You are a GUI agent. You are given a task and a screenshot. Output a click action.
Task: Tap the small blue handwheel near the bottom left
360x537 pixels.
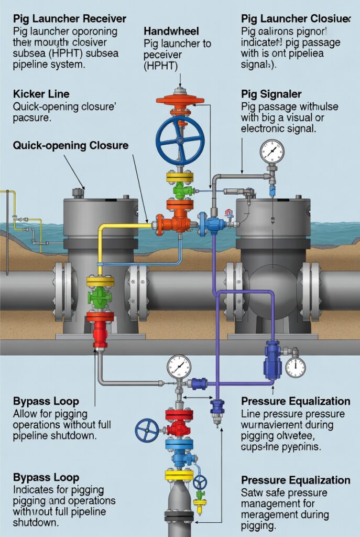pyautogui.click(x=147, y=431)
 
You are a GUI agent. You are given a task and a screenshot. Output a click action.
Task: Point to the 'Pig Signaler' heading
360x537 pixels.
pyautogui.click(x=271, y=94)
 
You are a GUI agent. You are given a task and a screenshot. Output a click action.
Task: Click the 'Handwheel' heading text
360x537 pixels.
pyautogui.click(x=170, y=31)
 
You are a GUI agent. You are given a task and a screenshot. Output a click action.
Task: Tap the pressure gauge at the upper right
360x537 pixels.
pyautogui.click(x=271, y=152)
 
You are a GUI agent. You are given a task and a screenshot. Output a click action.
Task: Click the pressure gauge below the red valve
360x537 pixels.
pyautogui.click(x=179, y=367)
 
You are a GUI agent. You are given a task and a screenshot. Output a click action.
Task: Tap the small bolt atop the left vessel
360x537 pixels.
pyautogui.click(x=79, y=193)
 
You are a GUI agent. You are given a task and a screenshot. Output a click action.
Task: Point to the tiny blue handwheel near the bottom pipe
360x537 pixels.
pyautogui.click(x=200, y=482)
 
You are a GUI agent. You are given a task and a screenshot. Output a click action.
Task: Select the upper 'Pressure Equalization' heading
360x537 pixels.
pyautogui.click(x=296, y=401)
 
